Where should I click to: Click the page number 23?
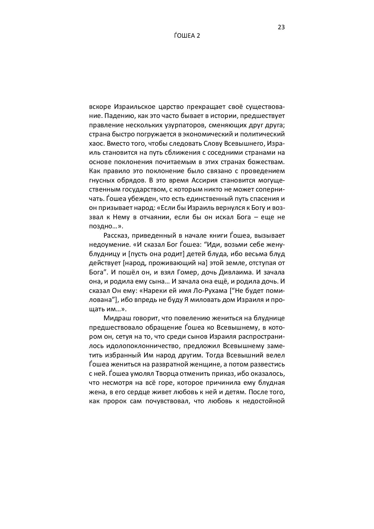click(x=281, y=27)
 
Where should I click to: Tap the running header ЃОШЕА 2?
click(x=187, y=36)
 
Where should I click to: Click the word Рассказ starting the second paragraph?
click(x=116, y=235)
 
